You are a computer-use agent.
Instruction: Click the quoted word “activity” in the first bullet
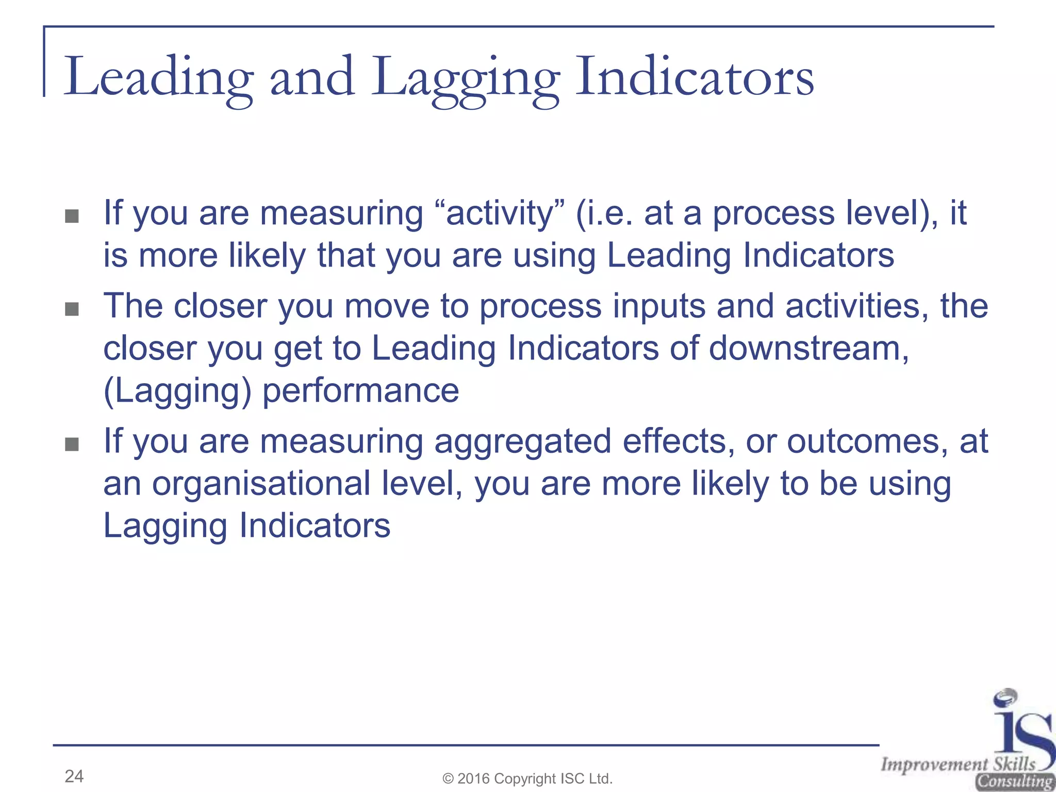coord(500,213)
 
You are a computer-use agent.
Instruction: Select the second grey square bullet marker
coord(72,309)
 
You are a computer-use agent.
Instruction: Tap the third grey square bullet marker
coord(72,444)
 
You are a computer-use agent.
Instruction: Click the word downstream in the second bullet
coord(808,349)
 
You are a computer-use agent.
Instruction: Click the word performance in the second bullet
coord(361,391)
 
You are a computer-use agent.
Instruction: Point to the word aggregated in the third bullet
coord(522,442)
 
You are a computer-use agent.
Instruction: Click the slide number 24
coord(74,776)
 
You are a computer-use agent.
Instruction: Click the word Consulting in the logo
coord(1014,782)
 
